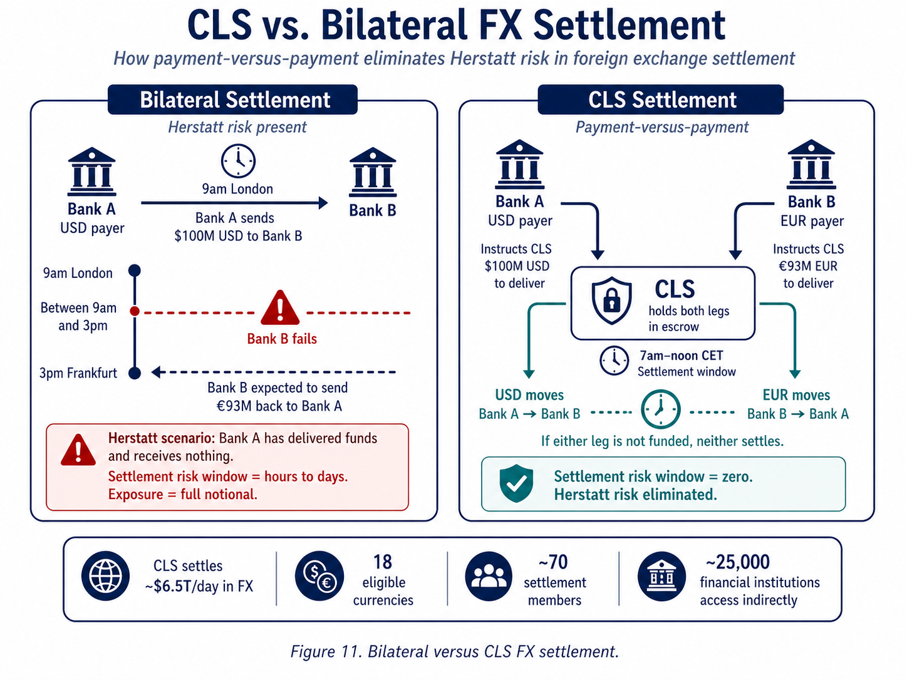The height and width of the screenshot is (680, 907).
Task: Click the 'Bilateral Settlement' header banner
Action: tap(232, 100)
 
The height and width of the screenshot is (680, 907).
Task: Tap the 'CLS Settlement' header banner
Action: tap(661, 100)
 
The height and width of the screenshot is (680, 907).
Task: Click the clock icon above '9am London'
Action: tap(238, 161)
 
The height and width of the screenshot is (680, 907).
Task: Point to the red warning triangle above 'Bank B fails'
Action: tap(280, 307)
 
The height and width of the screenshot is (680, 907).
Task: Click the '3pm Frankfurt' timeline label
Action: tap(78, 373)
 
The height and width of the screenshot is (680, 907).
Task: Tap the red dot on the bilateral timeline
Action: tap(135, 311)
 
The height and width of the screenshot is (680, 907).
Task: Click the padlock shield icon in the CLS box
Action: tap(611, 301)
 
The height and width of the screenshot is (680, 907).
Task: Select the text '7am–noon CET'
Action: tap(681, 356)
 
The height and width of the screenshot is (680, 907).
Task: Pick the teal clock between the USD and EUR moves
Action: tap(660, 410)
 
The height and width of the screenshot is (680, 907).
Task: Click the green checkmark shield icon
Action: tap(516, 484)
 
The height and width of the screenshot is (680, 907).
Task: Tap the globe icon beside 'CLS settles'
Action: tap(105, 576)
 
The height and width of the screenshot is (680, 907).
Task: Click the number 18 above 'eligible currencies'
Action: tap(383, 562)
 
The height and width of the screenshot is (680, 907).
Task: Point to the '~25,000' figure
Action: tap(737, 562)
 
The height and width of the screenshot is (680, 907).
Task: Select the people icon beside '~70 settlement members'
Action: tap(489, 576)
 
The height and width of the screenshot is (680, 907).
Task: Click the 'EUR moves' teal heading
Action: tap(796, 395)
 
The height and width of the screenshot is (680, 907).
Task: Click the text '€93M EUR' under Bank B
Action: tap(808, 266)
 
